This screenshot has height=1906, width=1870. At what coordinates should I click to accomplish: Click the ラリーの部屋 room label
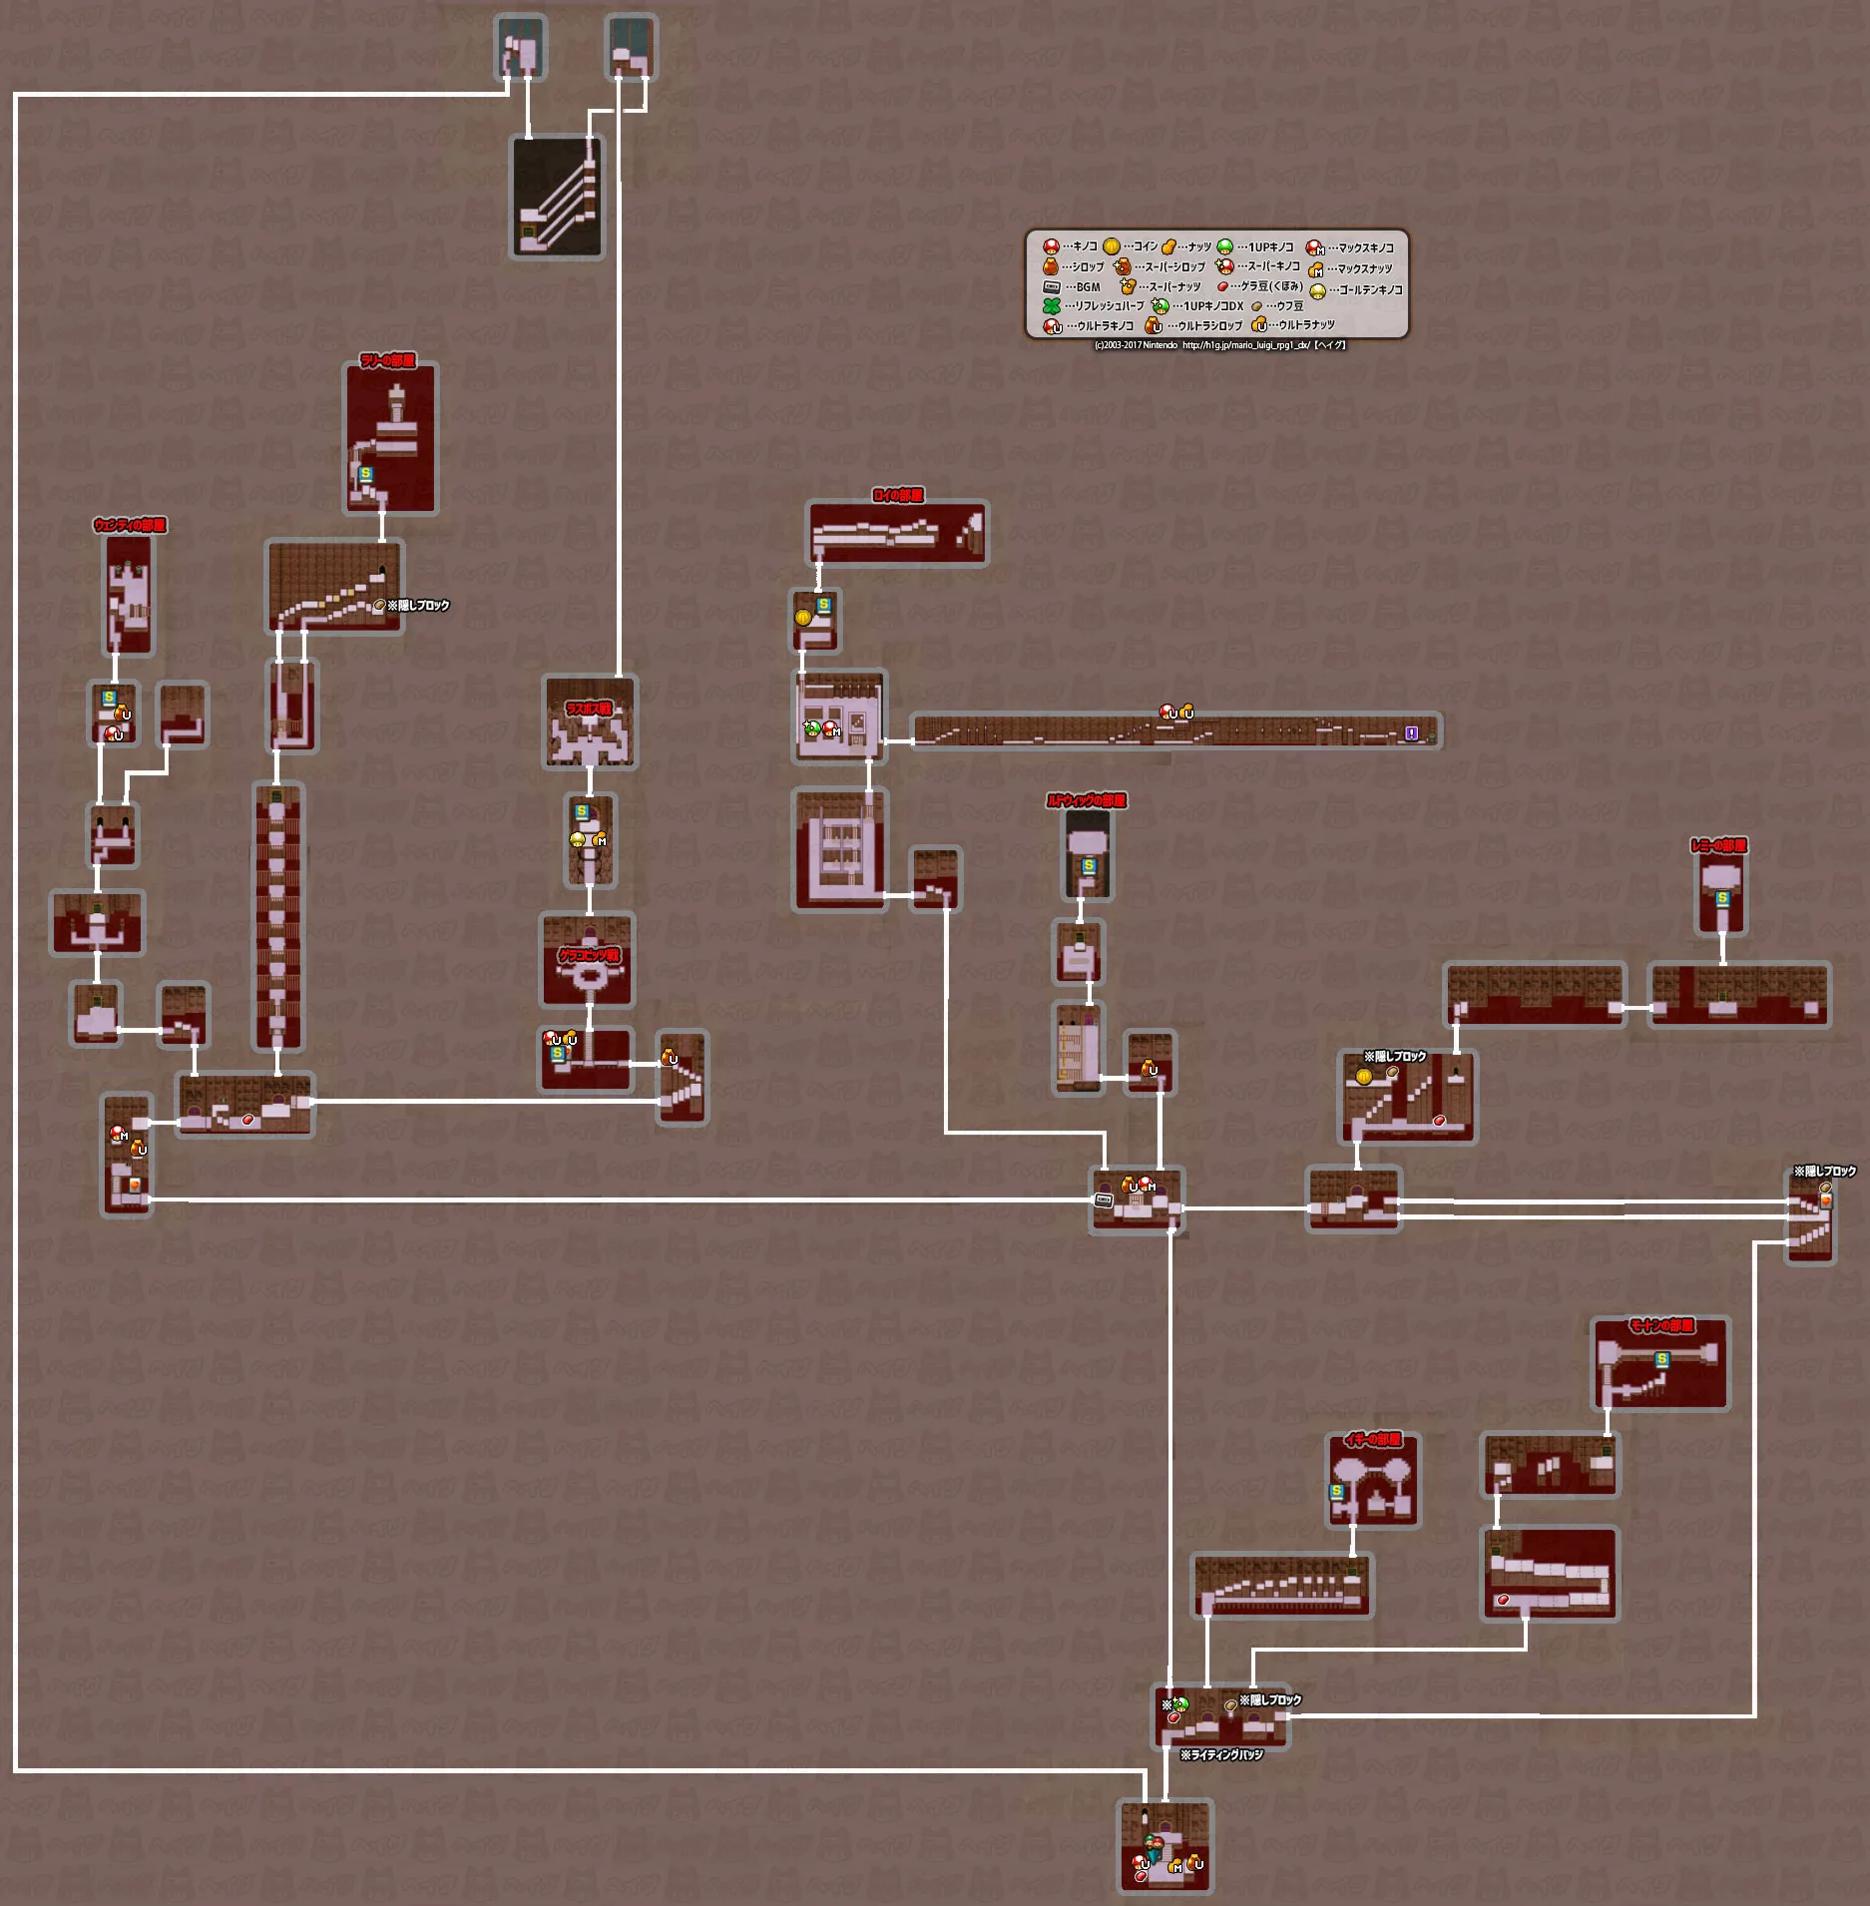pyautogui.click(x=388, y=360)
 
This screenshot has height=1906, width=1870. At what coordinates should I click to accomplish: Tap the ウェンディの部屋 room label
pyautogui.click(x=130, y=525)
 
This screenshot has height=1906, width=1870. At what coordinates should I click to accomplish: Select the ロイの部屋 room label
pyautogui.click(x=898, y=495)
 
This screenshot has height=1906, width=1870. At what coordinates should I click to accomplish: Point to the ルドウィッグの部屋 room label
pyautogui.click(x=1087, y=800)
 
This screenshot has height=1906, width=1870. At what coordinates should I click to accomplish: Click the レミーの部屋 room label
pyautogui.click(x=1718, y=845)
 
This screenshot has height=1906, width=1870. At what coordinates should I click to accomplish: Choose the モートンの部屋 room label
pyautogui.click(x=1661, y=1325)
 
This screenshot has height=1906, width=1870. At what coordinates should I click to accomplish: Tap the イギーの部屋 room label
pyautogui.click(x=1373, y=1439)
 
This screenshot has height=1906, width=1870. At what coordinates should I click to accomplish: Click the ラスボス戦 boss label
pyautogui.click(x=589, y=709)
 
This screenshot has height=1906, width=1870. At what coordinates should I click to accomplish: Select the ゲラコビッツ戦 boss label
pyautogui.click(x=589, y=955)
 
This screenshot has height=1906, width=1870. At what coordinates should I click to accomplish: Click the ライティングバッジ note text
pyautogui.click(x=1221, y=1754)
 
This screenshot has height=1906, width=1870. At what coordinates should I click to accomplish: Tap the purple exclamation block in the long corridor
pyautogui.click(x=1411, y=733)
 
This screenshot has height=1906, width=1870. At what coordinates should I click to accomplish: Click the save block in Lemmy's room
pyautogui.click(x=1722, y=898)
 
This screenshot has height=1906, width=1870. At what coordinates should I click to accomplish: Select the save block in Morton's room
pyautogui.click(x=1661, y=1359)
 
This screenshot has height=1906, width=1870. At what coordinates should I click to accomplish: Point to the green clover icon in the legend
pyautogui.click(x=1052, y=306)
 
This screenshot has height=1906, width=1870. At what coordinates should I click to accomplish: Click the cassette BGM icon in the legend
pyautogui.click(x=1052, y=287)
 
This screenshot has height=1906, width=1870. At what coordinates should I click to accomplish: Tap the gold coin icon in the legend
pyautogui.click(x=1111, y=246)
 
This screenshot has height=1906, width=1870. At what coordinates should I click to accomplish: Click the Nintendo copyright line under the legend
pyautogui.click(x=1219, y=345)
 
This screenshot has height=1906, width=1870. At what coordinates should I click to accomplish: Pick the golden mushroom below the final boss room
pyautogui.click(x=578, y=839)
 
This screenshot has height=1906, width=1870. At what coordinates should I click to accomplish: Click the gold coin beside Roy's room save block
pyautogui.click(x=803, y=617)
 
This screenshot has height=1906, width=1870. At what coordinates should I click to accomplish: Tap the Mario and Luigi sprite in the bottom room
pyautogui.click(x=1155, y=1844)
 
